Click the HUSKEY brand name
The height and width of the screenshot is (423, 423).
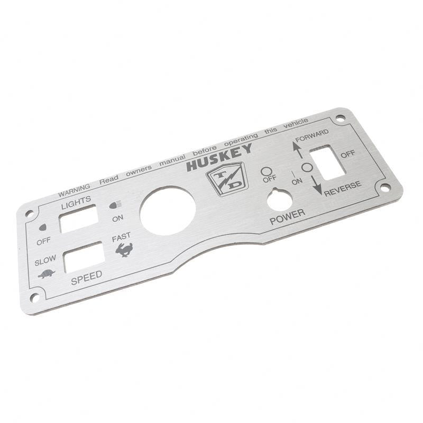[x=219, y=158]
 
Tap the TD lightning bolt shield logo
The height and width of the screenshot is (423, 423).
[x=227, y=179]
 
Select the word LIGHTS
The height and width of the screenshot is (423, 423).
[x=76, y=203]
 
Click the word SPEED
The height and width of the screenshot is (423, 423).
[x=87, y=278]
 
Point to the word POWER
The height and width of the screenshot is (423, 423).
[x=288, y=217]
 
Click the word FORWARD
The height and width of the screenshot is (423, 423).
[x=312, y=135]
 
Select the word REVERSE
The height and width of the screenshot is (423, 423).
[x=343, y=188]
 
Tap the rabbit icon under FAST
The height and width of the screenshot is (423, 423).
[x=124, y=250]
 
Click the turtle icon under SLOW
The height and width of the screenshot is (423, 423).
[x=47, y=274]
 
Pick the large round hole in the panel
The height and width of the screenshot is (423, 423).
[x=168, y=210]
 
